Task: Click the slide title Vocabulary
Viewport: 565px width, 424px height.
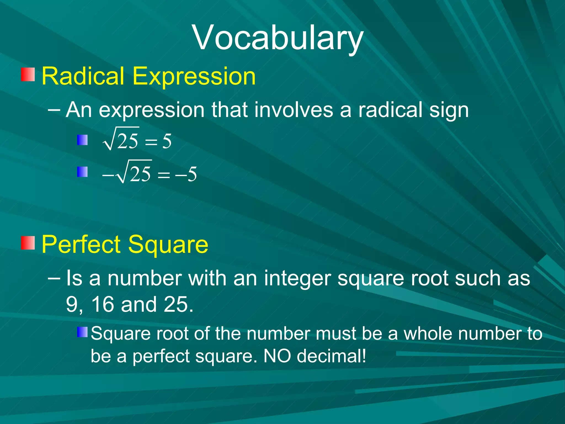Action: [x=278, y=38]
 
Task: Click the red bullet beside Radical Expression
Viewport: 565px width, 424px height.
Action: [x=28, y=75]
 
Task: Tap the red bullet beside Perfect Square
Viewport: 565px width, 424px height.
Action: [x=28, y=243]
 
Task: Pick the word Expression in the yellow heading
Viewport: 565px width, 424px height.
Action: [x=194, y=76]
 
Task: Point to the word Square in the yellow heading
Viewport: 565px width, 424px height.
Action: [x=168, y=245]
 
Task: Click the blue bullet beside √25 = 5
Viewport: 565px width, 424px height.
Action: [x=82, y=140]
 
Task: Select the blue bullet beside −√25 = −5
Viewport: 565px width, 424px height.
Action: [x=82, y=172]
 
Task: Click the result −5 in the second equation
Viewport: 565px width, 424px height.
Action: [x=186, y=174]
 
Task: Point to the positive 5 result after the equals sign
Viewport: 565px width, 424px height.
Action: [x=167, y=141]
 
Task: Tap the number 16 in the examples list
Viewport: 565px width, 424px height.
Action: [x=102, y=304]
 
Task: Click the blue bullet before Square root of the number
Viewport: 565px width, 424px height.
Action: [x=82, y=332]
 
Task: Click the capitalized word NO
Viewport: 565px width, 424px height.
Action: [x=277, y=356]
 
